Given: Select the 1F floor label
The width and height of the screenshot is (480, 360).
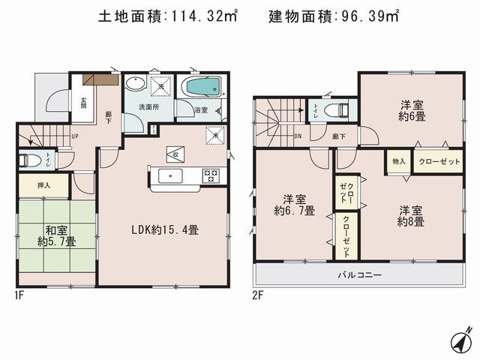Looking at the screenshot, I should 20,295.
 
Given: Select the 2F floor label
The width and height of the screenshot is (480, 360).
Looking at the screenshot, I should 259,295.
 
